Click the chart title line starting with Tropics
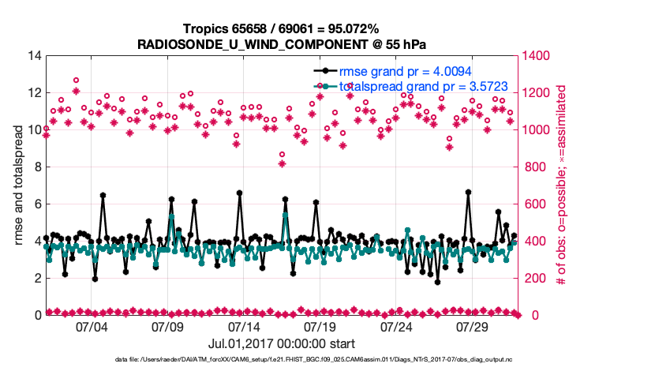[281, 29]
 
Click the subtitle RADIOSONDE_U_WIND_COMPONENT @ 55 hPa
[281, 43]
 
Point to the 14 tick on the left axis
[34, 56]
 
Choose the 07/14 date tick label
[244, 327]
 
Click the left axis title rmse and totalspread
[18, 185]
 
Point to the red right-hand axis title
[562, 185]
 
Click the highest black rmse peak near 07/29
[468, 192]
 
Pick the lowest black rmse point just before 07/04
[95, 279]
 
